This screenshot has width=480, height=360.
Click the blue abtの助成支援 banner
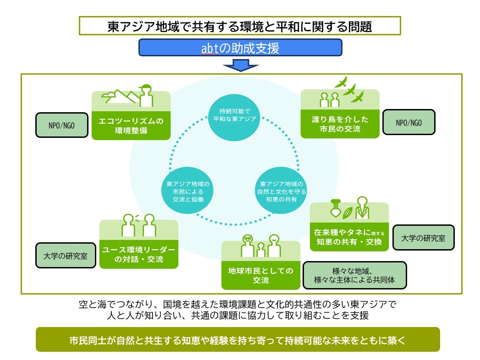pyautogui.click(x=240, y=48)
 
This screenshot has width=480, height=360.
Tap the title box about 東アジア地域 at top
pyautogui.click(x=240, y=26)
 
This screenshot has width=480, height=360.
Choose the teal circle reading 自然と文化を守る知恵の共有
pyautogui.click(x=281, y=191)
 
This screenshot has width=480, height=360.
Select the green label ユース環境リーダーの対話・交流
pyautogui.click(x=138, y=256)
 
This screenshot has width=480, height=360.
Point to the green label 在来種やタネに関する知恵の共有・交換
pyautogui.click(x=349, y=237)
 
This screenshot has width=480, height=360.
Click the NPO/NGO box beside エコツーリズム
pyautogui.click(x=61, y=125)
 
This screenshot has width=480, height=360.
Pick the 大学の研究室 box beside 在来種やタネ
pyautogui.click(x=424, y=238)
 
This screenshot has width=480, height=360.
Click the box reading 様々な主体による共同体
pyautogui.click(x=354, y=275)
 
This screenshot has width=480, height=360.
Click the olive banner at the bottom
pyautogui.click(x=237, y=339)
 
